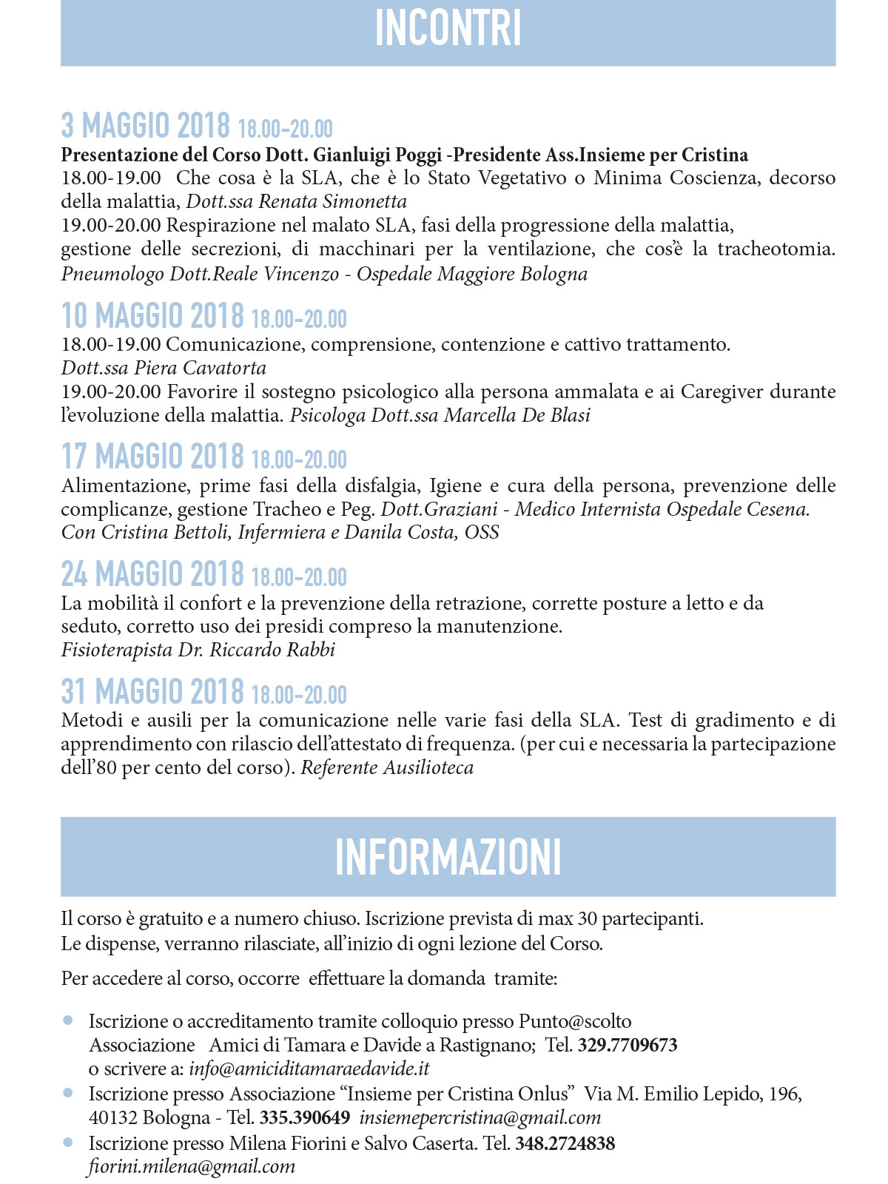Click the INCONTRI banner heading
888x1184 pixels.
[448, 29]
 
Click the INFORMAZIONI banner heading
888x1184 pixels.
[448, 857]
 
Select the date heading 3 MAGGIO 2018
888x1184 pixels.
[146, 127]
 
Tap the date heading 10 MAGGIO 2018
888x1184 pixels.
[152, 316]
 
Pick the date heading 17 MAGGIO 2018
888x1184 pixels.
[152, 457]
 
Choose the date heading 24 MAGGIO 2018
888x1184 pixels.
[152, 574]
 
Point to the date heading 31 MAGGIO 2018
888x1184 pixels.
[152, 692]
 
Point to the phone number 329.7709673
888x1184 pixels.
[628, 1045]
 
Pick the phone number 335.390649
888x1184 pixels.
[305, 1117]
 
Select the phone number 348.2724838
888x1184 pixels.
[565, 1143]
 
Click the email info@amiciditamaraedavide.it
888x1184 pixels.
[309, 1069]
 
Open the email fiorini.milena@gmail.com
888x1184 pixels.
[192, 1167]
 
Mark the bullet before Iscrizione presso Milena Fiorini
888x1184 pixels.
[69, 1143]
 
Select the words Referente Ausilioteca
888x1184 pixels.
[387, 767]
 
